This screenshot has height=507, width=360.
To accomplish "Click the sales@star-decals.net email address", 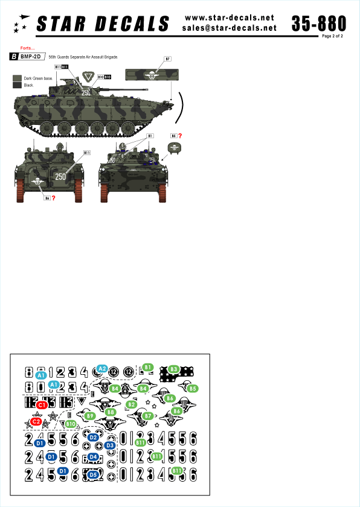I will click(x=229, y=28).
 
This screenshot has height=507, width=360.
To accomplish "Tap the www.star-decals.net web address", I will click(x=229, y=17).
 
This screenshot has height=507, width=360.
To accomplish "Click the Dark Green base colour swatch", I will click(x=17, y=78).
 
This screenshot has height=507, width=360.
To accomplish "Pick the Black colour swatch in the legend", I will click(x=17, y=86).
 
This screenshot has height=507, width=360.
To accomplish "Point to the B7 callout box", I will click(x=168, y=59).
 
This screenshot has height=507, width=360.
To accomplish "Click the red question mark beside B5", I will click(x=180, y=136).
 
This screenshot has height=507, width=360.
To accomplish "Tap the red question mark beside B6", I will click(x=54, y=199).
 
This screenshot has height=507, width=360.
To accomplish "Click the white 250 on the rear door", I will click(x=60, y=176).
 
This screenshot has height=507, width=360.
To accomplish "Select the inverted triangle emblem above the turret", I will click(x=89, y=76).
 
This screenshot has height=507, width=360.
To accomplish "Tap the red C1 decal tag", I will click(x=42, y=406).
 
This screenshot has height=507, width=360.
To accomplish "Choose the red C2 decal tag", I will click(x=36, y=421).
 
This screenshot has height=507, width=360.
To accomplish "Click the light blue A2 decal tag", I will click(x=102, y=368).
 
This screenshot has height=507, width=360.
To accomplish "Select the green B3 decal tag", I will click(x=174, y=369).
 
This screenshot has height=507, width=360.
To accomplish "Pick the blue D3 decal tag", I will click(x=109, y=445).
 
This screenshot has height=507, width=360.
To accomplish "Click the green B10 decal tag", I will click(x=71, y=425).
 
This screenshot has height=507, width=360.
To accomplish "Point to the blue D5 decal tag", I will click(x=93, y=474).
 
